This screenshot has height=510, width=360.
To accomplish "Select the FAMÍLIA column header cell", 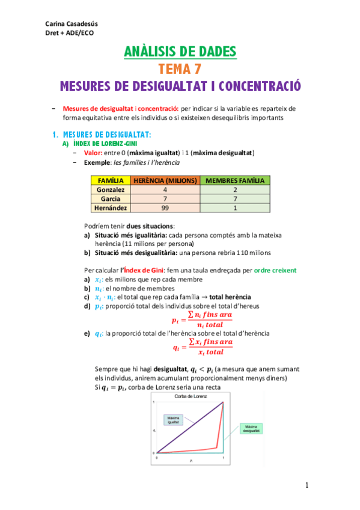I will [x=111, y=180].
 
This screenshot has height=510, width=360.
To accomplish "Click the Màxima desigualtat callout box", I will [x=251, y=428].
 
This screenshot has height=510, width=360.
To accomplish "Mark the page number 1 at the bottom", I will [x=307, y=485].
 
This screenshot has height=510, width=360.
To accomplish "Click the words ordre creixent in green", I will [x=275, y=271].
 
